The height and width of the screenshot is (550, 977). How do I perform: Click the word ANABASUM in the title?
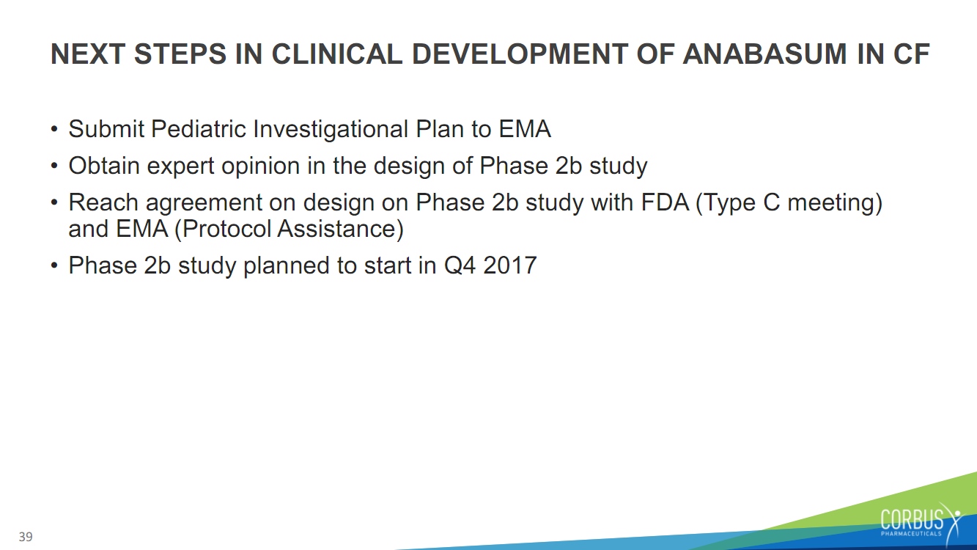[x=764, y=54]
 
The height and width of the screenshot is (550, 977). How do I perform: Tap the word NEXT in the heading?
[x=88, y=54]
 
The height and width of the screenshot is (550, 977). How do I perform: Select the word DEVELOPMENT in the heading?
[x=520, y=54]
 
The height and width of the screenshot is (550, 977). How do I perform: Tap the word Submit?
[x=106, y=129]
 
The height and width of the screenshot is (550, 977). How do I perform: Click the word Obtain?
[x=104, y=166]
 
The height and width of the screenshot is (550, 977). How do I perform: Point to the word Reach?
[x=103, y=202]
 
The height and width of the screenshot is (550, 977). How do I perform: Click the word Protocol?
[x=226, y=229]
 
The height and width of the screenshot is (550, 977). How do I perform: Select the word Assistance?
[x=336, y=229]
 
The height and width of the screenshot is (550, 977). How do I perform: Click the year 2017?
[x=510, y=265]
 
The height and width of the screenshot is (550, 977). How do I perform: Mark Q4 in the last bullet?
[x=460, y=265]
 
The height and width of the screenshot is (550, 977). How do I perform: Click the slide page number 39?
[x=26, y=537]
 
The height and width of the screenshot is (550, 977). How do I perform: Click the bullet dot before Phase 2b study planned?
[x=54, y=265]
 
